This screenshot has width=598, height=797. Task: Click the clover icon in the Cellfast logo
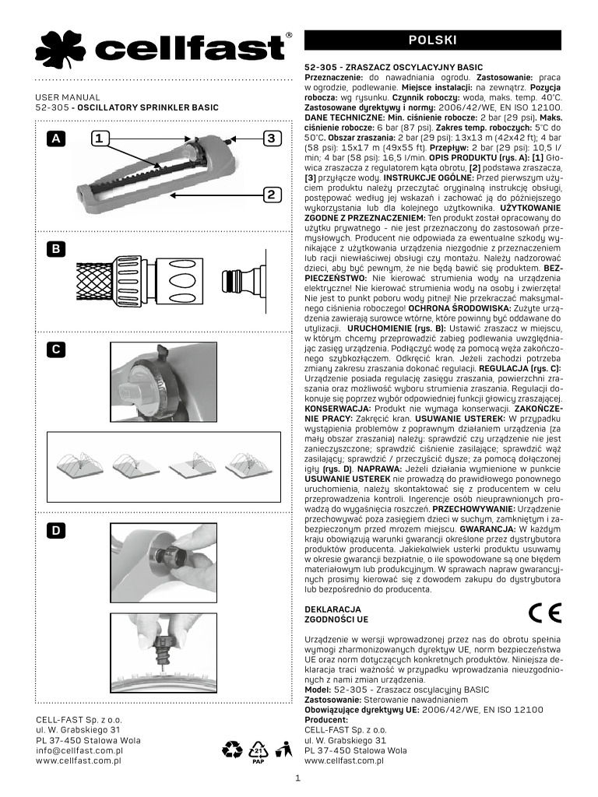pos(60,50)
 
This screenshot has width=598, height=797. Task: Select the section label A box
pos(56,139)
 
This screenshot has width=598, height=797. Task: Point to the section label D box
pos(56,530)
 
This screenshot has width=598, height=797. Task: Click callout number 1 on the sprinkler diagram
pos(98,139)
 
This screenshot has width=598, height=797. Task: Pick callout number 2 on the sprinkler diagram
pos(271,194)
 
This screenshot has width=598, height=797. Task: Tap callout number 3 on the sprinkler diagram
pos(271,139)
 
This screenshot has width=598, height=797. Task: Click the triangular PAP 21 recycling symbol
pos(259,752)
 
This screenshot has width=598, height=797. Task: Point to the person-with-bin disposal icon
pos(283,750)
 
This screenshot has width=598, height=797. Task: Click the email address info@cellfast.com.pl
pos(79,750)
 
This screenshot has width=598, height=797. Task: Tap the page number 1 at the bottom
pos(299,777)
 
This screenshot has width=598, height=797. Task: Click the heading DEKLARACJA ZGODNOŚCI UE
pos(336,614)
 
